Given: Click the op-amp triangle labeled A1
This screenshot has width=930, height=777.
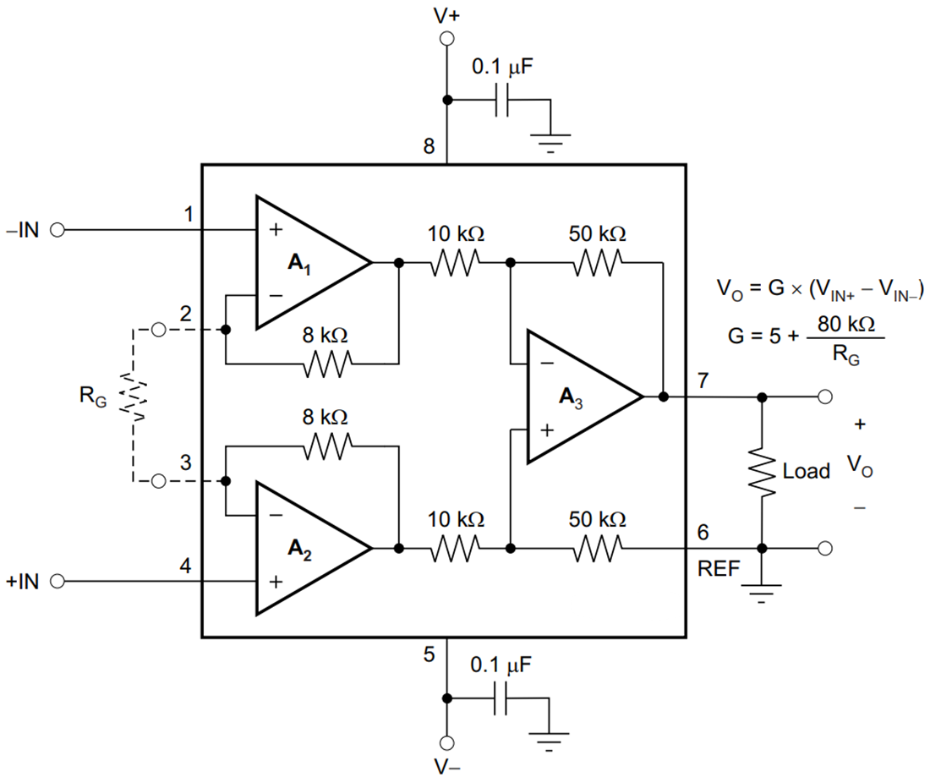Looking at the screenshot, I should pyautogui.click(x=309, y=263).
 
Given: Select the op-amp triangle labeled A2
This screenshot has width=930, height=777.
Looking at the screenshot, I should pyautogui.click(x=309, y=548).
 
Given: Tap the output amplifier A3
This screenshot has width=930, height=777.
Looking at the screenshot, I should pyautogui.click(x=579, y=396).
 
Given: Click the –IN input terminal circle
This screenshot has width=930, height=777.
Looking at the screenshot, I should pyautogui.click(x=57, y=229).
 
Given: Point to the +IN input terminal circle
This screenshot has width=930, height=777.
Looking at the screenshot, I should pyautogui.click(x=57, y=582).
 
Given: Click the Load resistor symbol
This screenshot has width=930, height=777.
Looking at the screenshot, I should pyautogui.click(x=763, y=472).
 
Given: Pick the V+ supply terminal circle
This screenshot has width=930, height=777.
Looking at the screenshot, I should pyautogui.click(x=447, y=38).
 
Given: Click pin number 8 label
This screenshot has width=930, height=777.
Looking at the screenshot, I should pyautogui.click(x=429, y=147).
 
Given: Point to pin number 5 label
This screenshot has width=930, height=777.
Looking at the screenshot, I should pyautogui.click(x=429, y=654).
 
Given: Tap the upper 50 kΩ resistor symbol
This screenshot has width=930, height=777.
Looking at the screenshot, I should pyautogui.click(x=599, y=263).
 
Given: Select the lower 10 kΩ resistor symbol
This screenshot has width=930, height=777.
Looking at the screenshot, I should pyautogui.click(x=457, y=548).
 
